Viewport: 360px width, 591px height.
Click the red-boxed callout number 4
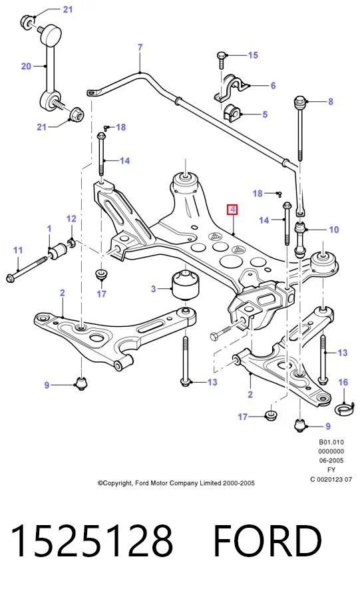tap(232, 209)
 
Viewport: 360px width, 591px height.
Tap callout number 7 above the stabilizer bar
tap(140, 47)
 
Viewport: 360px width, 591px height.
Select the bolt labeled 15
tap(221, 61)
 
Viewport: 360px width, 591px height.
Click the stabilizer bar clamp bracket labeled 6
tap(230, 88)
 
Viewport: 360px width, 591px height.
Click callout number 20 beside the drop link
tap(26, 67)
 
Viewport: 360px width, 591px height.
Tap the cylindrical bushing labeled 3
tap(186, 284)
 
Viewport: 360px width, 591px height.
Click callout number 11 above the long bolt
tap(18, 250)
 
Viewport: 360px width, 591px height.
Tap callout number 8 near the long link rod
tap(331, 101)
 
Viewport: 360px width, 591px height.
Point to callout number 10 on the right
tap(334, 230)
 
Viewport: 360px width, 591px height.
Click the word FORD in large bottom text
tap(268, 540)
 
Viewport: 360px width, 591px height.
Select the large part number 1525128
tap(92, 540)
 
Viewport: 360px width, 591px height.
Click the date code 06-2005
tap(331, 460)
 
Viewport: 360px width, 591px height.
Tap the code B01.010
tap(331, 442)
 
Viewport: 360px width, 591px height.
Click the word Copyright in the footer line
tap(115, 483)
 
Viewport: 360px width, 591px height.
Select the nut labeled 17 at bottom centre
tap(270, 415)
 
